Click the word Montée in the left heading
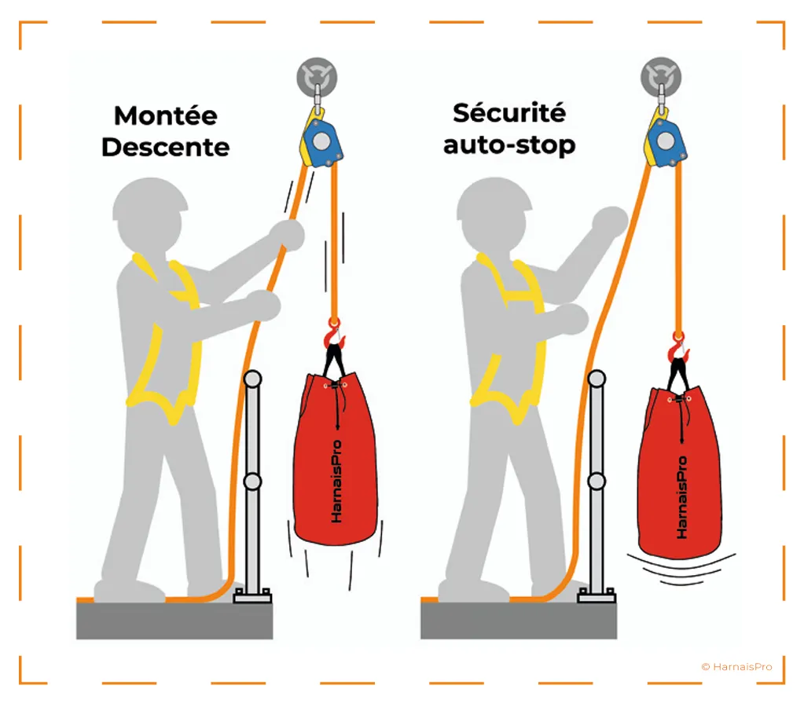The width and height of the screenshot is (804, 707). (x=165, y=115)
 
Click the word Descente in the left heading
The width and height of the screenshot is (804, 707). (x=165, y=147)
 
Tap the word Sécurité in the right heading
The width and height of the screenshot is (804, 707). (x=509, y=113)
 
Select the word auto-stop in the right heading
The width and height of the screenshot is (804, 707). (x=509, y=145)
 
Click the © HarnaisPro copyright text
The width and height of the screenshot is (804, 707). (x=736, y=666)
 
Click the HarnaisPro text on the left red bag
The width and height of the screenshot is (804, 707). (x=336, y=482)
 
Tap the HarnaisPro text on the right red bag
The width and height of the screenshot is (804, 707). (x=681, y=497)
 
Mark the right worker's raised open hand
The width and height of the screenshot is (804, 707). (x=610, y=222)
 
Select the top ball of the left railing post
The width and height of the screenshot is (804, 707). (x=252, y=379)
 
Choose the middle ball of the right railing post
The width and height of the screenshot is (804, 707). (x=597, y=482)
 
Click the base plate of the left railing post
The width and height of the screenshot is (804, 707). (x=253, y=595)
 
